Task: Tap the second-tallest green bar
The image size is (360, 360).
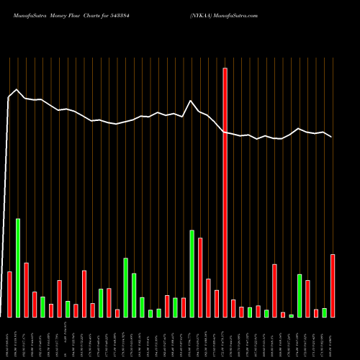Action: pos(192,274)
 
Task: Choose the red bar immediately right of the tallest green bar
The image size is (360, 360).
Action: pos(26,289)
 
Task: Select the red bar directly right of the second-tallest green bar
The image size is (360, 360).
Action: pos(200,277)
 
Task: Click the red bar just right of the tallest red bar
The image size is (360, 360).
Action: pos(233,308)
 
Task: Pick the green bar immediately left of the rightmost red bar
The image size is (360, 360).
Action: pos(324,312)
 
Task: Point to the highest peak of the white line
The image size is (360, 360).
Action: pos(17,90)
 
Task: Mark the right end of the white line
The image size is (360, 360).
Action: pos(332,137)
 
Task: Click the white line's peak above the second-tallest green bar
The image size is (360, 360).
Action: pos(191,101)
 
